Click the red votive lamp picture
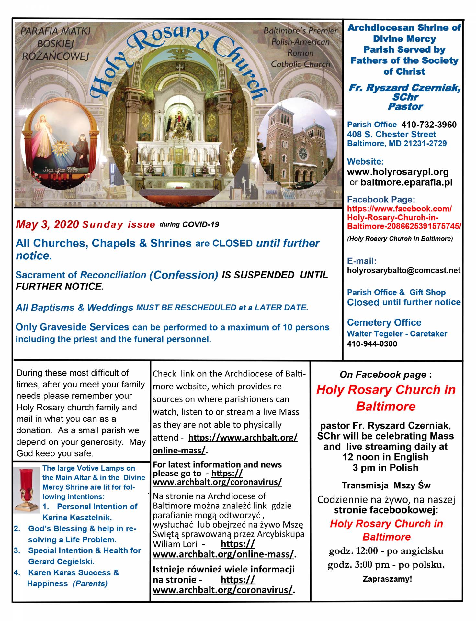point(27,489)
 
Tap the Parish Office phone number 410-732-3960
point(429,125)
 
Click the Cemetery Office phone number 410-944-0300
point(372,344)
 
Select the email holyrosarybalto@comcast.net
point(403,270)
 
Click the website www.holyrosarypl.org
point(398,172)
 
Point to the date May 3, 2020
point(47,224)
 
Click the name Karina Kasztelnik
point(77,517)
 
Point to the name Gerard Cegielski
point(61,561)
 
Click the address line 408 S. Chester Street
point(391,134)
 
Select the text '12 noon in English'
point(385,457)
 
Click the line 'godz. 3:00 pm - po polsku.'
point(386,565)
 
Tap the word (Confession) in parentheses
point(184,275)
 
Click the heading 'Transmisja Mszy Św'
point(386,485)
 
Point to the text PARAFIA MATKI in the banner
point(55,31)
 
